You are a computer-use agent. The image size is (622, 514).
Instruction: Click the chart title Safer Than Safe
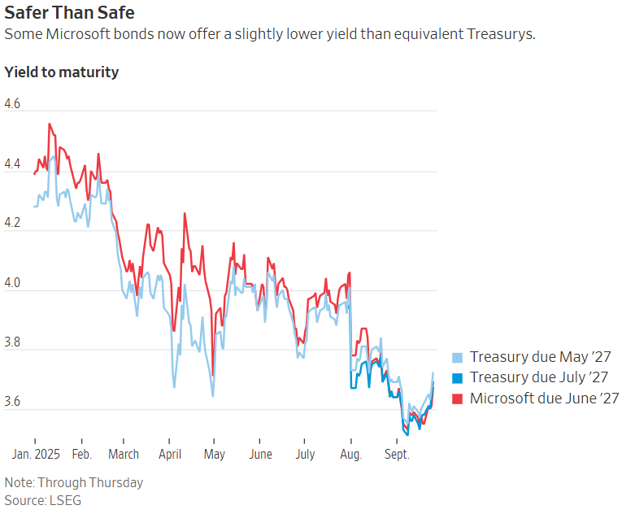pos(69,14)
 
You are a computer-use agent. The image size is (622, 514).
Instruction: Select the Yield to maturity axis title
pos(62,72)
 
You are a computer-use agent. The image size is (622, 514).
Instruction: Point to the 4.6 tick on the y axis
pos(12,104)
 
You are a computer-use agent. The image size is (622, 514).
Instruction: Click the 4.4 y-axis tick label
pos(12,164)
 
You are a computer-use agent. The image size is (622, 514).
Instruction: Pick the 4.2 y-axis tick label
pos(12,224)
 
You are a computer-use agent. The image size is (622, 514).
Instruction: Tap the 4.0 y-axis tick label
pos(12,283)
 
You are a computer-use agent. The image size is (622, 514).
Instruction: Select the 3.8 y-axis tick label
pos(12,343)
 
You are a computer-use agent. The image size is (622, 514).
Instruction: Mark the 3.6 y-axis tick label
pos(12,403)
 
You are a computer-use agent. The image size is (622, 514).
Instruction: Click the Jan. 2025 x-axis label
pos(37,454)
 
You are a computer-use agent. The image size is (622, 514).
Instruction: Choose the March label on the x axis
pos(124,454)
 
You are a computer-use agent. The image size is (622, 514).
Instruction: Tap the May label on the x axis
pos(214,454)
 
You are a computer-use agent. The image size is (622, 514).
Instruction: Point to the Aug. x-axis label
pos(350,454)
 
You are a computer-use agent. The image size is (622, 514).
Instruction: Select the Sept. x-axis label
pos(396,454)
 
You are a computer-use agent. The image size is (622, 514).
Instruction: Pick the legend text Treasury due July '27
pos(540,377)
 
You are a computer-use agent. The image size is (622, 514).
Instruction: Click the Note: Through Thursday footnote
pos(73,482)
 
